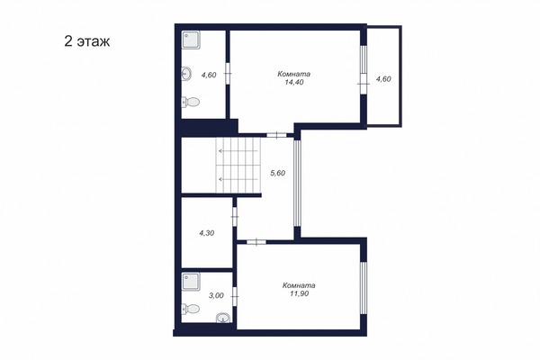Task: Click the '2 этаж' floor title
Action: click(x=87, y=41)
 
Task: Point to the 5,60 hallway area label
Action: click(x=278, y=175)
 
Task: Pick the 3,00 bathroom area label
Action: click(x=216, y=295)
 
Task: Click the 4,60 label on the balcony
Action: click(x=383, y=79)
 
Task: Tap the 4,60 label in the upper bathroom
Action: click(x=208, y=76)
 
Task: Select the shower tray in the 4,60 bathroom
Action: click(x=193, y=40)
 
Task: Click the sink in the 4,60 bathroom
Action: click(x=186, y=74)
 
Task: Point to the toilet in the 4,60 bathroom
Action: click(x=189, y=103)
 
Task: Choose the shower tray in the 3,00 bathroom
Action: click(x=193, y=281)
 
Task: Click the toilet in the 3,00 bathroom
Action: click(x=190, y=310)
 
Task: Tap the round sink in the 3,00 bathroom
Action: click(x=222, y=316)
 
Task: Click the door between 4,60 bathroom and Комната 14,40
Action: click(x=228, y=76)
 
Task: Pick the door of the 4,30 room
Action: click(x=234, y=216)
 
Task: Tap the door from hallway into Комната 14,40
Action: click(x=277, y=135)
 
